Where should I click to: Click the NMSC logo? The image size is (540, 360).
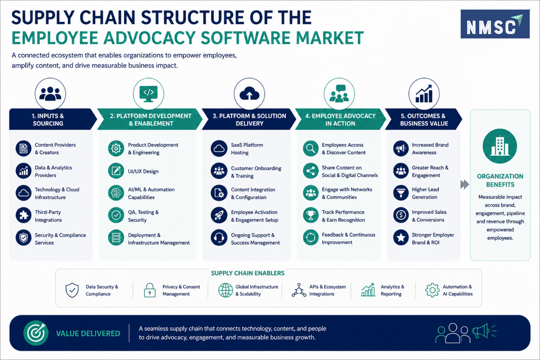coord(495,24)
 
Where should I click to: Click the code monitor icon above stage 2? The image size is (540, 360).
coord(149,94)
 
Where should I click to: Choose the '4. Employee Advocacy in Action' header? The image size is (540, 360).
coord(340,119)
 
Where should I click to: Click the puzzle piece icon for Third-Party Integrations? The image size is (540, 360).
coord(23,215)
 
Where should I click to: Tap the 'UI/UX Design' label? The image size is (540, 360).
coord(143,171)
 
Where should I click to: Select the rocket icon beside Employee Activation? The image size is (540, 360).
coord(219,215)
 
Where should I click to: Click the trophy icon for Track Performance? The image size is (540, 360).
coord(311,215)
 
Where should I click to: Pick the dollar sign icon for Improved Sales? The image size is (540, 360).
coord(401,215)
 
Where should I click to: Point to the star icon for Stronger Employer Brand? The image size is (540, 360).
coord(401,238)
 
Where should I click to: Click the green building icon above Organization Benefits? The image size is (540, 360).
coord(500,146)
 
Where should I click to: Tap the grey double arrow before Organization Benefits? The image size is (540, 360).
coord(465,185)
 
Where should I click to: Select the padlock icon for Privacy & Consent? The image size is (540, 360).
coord(150,290)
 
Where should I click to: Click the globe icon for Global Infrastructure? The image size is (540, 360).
coord(226,290)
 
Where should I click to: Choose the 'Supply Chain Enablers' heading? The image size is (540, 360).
coord(248,273)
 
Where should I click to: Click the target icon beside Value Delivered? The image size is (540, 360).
coord(36,333)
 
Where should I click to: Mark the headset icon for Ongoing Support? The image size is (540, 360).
coord(219,238)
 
